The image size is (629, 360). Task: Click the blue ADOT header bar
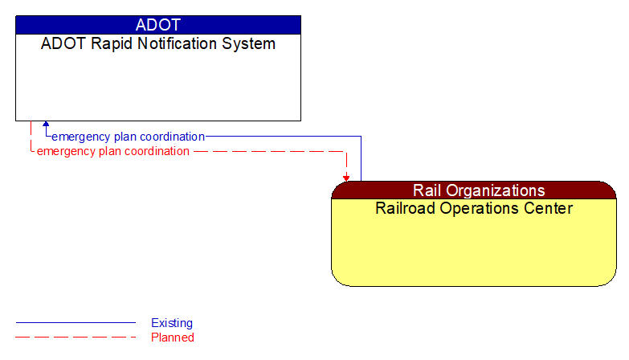point(158,25)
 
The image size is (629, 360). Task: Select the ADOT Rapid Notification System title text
point(158,44)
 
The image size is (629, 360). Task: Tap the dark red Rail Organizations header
point(474,190)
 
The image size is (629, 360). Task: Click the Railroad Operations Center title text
point(474,209)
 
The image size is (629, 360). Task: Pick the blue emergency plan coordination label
point(128,137)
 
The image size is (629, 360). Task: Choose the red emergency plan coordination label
point(113,151)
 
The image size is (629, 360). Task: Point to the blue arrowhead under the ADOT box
point(46,125)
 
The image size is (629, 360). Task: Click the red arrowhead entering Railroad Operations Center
point(346,177)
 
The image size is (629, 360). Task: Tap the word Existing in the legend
point(172,323)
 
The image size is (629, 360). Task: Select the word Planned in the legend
point(173,337)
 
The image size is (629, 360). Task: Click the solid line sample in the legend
point(76,323)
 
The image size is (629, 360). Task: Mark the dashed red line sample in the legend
point(76,337)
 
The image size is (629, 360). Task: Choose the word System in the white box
point(251,44)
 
